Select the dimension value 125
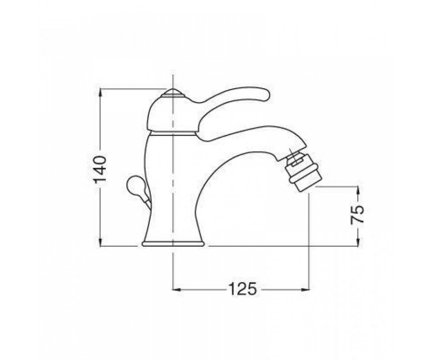point(243,289)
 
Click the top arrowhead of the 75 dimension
point(358,190)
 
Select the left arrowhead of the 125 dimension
point(177,289)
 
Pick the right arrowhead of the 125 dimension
point(304,289)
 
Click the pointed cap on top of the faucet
point(173,93)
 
